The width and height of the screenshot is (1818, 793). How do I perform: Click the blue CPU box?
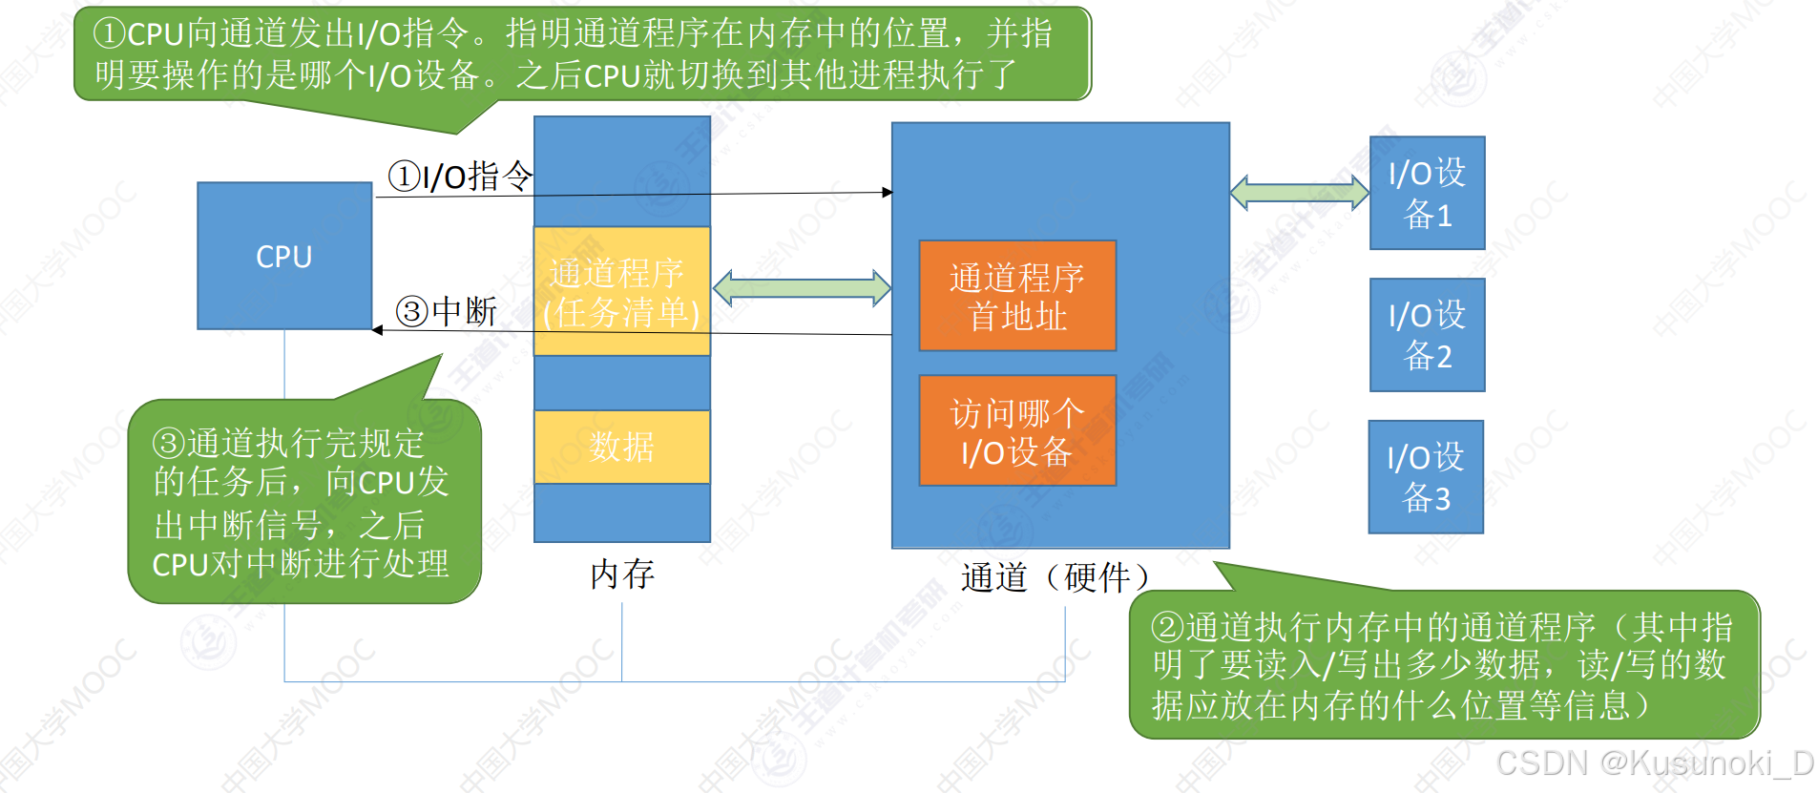[x=283, y=256]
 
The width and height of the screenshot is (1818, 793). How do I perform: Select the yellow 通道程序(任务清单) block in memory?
[x=621, y=291]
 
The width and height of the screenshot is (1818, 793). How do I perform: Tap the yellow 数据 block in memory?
[x=621, y=447]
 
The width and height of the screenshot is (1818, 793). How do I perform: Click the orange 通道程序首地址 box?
[x=1017, y=296]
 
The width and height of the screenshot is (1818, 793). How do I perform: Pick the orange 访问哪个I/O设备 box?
[x=1017, y=431]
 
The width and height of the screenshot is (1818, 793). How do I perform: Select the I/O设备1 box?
[x=1427, y=193]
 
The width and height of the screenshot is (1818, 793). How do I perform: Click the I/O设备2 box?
[x=1427, y=335]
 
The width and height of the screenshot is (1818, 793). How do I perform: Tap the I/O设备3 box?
[x=1426, y=477]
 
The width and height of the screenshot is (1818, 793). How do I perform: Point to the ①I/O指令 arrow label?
[x=460, y=176]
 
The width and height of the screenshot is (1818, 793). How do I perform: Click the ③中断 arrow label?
[x=447, y=311]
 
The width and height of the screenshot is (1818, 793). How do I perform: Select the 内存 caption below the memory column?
[x=622, y=574]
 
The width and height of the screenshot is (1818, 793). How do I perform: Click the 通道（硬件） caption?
[x=1055, y=577]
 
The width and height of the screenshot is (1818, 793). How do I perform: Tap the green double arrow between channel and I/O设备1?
[x=1299, y=192]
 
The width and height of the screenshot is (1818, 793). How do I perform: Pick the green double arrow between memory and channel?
[x=802, y=287]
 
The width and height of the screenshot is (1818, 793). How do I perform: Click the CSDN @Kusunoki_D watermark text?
[x=1654, y=762]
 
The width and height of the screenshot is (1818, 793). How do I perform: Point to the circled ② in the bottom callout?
[x=1168, y=627]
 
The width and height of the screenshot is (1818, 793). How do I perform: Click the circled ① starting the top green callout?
[x=110, y=33]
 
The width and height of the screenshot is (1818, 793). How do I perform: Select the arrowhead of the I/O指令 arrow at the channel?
[x=888, y=192]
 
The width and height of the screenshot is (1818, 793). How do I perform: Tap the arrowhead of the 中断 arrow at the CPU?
[x=377, y=330]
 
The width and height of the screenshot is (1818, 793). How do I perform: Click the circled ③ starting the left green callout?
[x=169, y=443]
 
